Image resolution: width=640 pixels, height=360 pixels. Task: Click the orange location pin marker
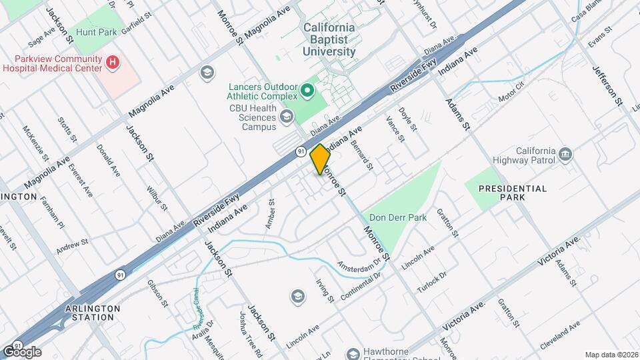click(x=321, y=159)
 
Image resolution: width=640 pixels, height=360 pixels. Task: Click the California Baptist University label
click(x=329, y=39)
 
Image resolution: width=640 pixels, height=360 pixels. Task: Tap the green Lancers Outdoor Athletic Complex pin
click(x=307, y=89)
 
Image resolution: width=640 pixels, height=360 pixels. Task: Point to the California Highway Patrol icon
click(x=565, y=154)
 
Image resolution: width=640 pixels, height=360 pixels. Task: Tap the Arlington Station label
click(x=93, y=313)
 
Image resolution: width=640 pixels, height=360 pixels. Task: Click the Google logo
click(x=21, y=351)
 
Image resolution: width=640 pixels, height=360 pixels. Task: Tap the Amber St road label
click(x=270, y=214)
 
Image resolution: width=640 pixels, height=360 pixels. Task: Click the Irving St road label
click(x=325, y=290)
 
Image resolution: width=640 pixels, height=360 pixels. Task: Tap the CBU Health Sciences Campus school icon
click(x=287, y=117)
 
